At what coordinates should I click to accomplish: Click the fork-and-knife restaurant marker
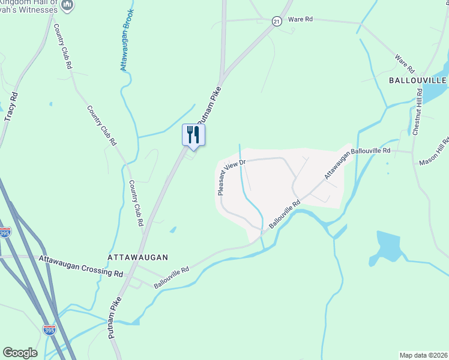[193, 134]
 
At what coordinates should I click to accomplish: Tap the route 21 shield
[276, 21]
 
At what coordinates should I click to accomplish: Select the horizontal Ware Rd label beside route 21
[301, 19]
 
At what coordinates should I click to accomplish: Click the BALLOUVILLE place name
[418, 80]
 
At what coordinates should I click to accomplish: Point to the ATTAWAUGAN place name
[137, 257]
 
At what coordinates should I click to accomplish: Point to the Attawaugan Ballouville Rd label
[358, 163]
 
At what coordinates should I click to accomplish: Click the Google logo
[20, 353]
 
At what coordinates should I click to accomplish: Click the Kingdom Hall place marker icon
[67, 5]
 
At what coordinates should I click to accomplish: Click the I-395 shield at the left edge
[5, 232]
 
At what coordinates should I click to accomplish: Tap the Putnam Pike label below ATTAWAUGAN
[116, 318]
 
